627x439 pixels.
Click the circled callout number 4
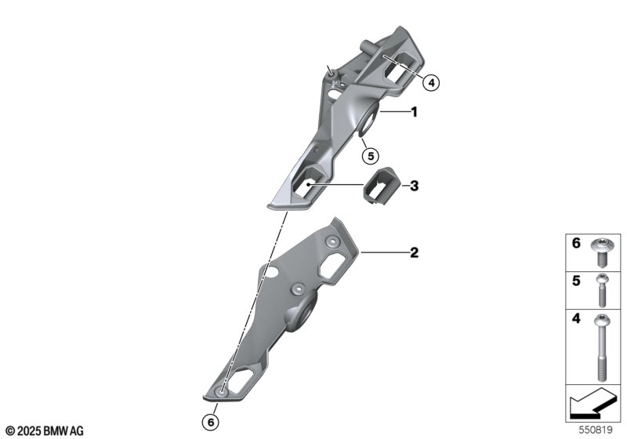pyautogui.click(x=430, y=83)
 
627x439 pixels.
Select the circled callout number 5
pyautogui.click(x=370, y=155)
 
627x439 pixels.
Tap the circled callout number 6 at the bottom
pyautogui.click(x=211, y=423)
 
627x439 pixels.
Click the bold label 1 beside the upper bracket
pyautogui.click(x=415, y=112)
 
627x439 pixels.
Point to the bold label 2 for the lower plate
pyautogui.click(x=415, y=252)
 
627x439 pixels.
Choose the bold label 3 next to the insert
pyautogui.click(x=415, y=186)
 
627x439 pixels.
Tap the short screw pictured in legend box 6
pyautogui.click(x=600, y=252)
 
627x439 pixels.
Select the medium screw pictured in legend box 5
pyautogui.click(x=602, y=291)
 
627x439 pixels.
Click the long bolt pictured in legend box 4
pyautogui.click(x=602, y=347)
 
